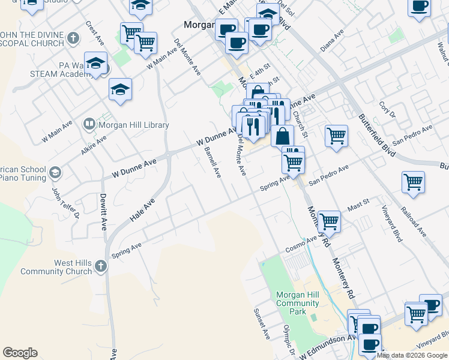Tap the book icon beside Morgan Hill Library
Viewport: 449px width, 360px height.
[89, 124]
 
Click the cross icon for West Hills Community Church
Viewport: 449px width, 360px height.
[101, 266]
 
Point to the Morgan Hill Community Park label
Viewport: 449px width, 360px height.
[297, 303]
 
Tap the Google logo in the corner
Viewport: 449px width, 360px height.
[20, 353]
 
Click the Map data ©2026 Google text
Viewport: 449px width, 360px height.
[412, 355]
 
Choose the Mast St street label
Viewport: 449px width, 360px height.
[357, 207]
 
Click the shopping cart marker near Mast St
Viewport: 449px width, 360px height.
[329, 221]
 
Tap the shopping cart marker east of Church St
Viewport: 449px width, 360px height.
[337, 135]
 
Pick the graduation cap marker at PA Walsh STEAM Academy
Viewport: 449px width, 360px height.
[95, 63]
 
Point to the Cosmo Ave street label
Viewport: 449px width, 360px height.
[300, 244]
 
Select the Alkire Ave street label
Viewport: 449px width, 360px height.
[94, 145]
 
